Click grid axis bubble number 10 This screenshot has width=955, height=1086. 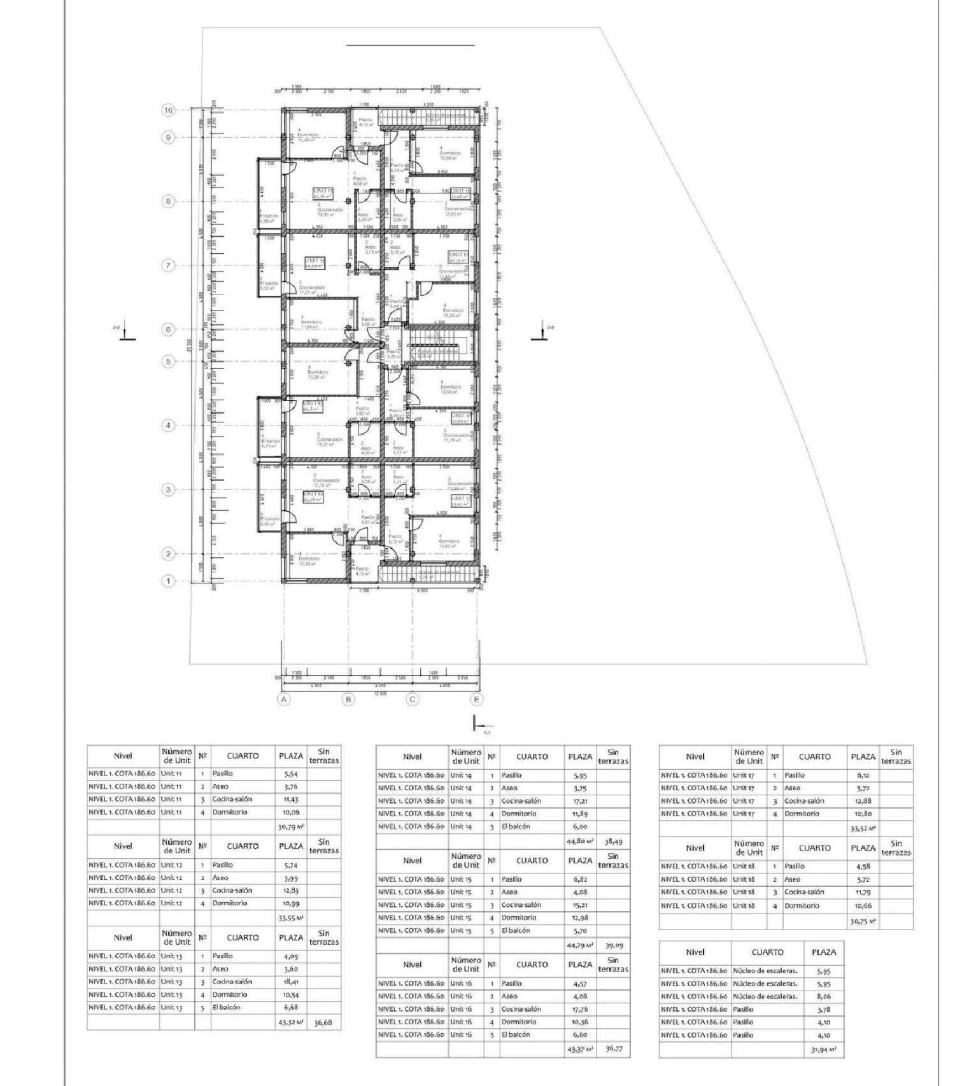[x=168, y=110]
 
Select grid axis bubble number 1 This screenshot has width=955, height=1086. [x=168, y=581]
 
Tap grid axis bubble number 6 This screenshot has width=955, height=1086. [x=168, y=330]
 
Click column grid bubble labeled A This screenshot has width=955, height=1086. [x=284, y=699]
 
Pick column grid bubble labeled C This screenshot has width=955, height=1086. [x=413, y=699]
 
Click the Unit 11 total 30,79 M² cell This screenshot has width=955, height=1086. [x=291, y=826]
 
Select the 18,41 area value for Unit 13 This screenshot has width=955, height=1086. [x=290, y=982]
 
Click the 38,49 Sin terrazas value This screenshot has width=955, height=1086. [x=612, y=841]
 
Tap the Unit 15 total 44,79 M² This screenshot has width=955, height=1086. [x=579, y=945]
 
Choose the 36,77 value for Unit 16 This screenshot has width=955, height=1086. [x=612, y=1049]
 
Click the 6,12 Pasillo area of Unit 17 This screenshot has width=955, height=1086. [x=863, y=776]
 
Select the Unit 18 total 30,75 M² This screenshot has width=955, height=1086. [x=863, y=921]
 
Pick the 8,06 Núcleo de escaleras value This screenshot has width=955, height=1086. [x=823, y=996]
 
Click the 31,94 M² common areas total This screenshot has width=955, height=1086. [x=823, y=1050]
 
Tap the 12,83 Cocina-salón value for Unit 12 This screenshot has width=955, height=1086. [x=290, y=891]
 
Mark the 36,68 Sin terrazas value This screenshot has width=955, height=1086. [x=323, y=1024]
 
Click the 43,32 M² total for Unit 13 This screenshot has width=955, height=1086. [x=291, y=1023]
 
